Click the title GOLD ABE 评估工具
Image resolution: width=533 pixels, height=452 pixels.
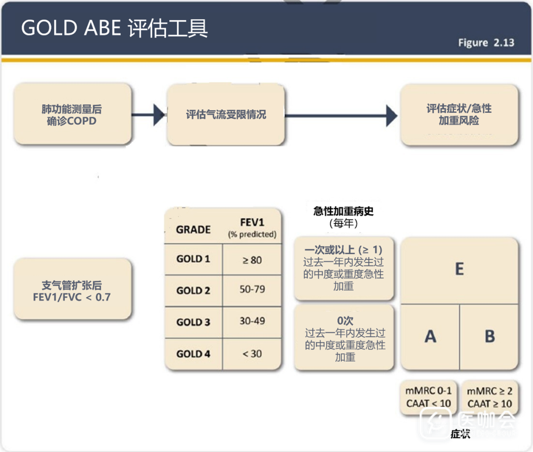click(x=114, y=28)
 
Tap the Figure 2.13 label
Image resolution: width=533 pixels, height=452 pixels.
click(x=486, y=43)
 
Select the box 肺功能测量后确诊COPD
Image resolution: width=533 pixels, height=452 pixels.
click(x=73, y=115)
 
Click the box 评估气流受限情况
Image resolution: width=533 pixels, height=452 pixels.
click(x=226, y=114)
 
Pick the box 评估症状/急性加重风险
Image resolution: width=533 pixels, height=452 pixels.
click(x=459, y=114)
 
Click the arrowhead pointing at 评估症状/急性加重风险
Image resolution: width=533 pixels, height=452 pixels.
click(x=392, y=115)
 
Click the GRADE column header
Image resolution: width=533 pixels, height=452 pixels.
click(x=193, y=230)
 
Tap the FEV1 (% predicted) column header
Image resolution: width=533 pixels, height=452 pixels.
click(x=252, y=229)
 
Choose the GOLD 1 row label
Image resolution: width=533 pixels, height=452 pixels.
click(x=193, y=259)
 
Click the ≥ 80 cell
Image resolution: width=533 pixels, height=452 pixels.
click(x=252, y=260)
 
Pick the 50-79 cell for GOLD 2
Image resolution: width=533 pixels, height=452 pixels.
click(x=252, y=290)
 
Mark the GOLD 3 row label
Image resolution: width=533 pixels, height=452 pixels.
click(x=193, y=322)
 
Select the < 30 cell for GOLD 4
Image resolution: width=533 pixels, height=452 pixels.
click(x=252, y=353)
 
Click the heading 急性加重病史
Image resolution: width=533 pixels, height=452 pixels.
click(x=343, y=211)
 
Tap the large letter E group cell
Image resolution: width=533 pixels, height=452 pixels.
click(x=459, y=270)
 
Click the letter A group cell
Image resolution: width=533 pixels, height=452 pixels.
click(x=430, y=337)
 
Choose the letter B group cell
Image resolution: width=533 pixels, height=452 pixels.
click(x=490, y=337)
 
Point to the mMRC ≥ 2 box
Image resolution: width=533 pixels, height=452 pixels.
click(x=490, y=397)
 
